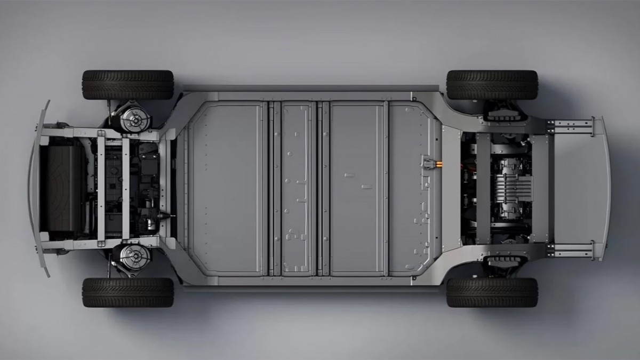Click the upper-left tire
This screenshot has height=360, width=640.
click(127, 85)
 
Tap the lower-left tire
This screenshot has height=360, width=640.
click(127, 292)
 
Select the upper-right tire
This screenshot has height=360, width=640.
click(492, 85)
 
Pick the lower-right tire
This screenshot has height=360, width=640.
click(492, 292)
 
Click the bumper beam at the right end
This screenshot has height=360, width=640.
click(605, 188)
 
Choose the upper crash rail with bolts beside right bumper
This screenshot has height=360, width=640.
click(573, 126)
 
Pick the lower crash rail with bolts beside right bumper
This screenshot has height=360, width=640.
click(573, 249)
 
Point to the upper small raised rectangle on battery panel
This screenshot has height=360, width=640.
click(350, 174)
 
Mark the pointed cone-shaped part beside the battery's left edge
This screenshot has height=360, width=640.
click(170, 216)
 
